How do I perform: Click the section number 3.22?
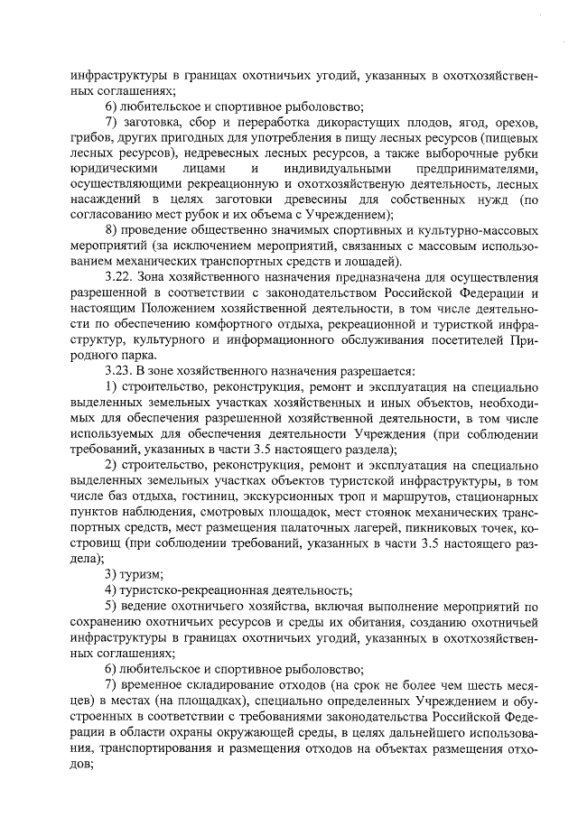121,275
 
